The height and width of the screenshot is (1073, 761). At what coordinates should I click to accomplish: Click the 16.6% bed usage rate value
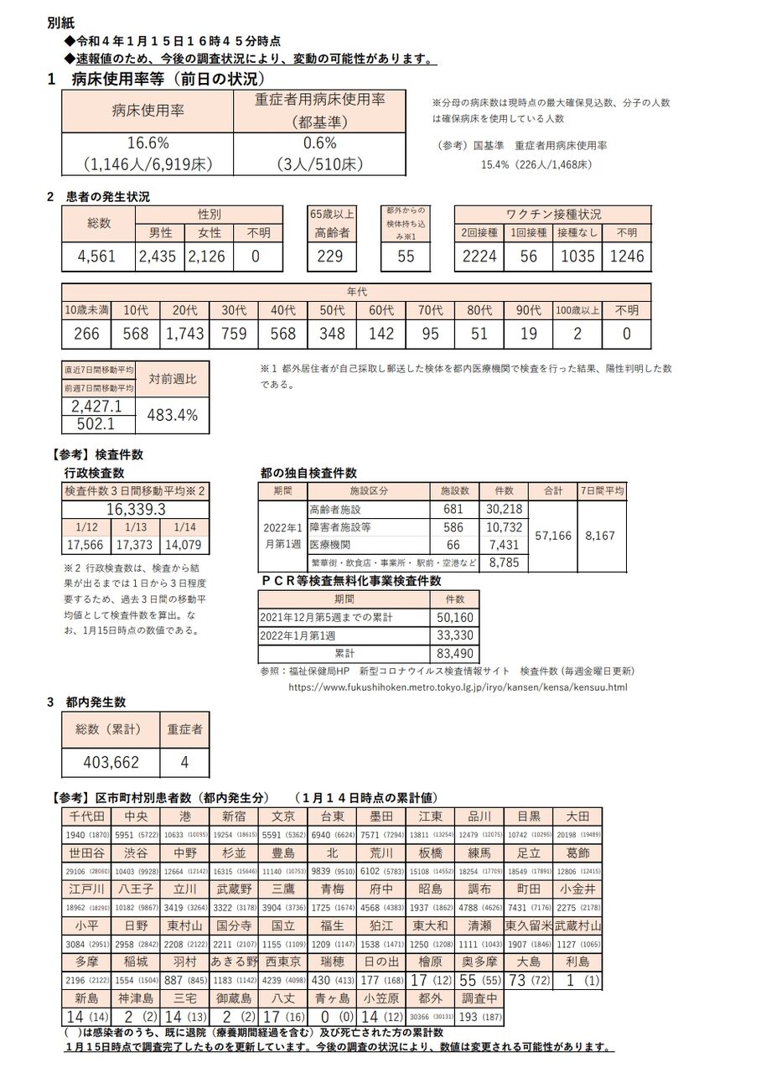pos(149,143)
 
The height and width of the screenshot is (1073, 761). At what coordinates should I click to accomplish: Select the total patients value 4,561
pos(96,257)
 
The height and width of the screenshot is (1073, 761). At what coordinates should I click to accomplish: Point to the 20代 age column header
pos(184,310)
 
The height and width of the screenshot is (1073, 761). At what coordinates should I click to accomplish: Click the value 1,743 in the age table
pos(184,334)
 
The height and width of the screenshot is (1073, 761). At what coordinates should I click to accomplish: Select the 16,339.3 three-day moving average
pos(135,509)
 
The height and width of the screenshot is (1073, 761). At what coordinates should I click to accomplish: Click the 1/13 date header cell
pos(135,527)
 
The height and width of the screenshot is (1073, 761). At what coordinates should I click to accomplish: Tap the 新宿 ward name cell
pos(234,816)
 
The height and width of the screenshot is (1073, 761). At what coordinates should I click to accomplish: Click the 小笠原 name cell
pos(383,998)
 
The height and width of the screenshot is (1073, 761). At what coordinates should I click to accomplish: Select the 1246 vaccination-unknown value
pos(626,257)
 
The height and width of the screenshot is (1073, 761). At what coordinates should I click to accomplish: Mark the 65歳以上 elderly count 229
pos(330,257)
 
